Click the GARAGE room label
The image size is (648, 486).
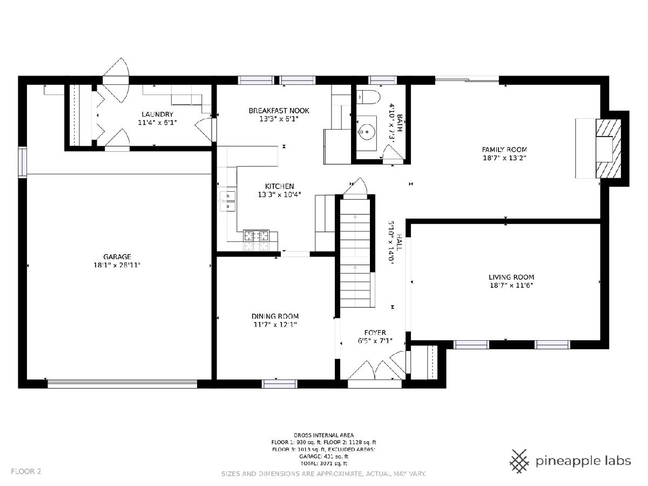(x=117, y=256)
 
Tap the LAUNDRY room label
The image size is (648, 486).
(x=157, y=114)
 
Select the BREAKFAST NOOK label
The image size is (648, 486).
(x=279, y=111)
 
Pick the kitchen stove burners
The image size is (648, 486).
(x=256, y=240)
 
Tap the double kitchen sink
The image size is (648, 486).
(x=227, y=201)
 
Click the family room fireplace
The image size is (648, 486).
(x=608, y=148)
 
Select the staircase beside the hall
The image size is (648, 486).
(x=355, y=253)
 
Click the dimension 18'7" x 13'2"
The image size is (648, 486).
(x=504, y=158)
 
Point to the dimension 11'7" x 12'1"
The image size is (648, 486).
(x=275, y=325)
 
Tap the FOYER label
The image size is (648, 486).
(x=375, y=333)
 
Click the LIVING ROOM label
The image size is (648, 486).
(x=511, y=277)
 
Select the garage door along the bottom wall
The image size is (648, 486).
(x=122, y=383)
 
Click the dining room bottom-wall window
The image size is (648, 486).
(x=280, y=383)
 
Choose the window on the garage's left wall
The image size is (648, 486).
(x=23, y=162)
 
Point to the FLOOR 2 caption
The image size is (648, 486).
(x=26, y=471)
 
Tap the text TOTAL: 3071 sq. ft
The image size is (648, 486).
(x=323, y=463)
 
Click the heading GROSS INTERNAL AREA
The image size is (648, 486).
(x=323, y=435)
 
